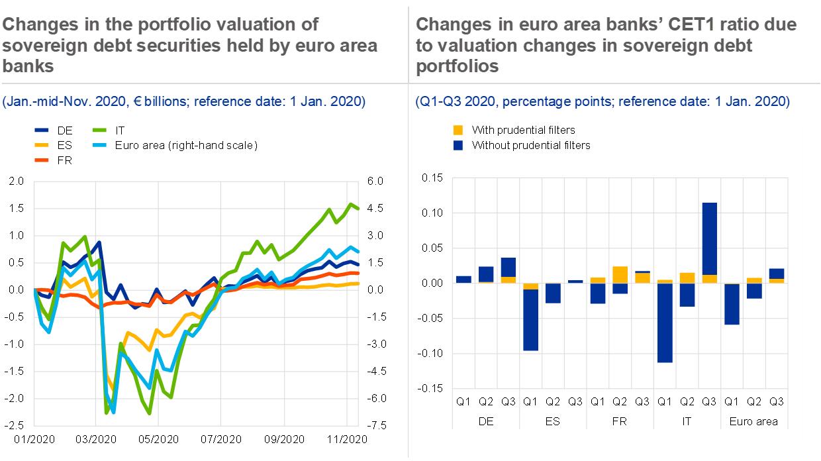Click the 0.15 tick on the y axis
(x=434, y=178)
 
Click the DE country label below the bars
(x=486, y=421)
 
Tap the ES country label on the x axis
(x=553, y=421)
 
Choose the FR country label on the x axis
(x=620, y=421)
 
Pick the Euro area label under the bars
(x=753, y=421)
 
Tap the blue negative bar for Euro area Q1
(x=732, y=305)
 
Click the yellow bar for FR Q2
(x=620, y=275)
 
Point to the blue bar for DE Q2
(x=486, y=274)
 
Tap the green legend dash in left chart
(x=99, y=130)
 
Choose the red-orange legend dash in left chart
(x=42, y=160)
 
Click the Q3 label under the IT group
(x=709, y=401)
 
